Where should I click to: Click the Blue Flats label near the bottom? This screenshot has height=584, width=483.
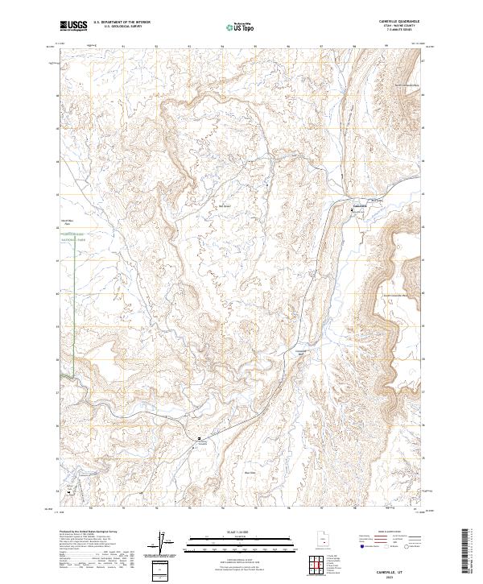point(250,473)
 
